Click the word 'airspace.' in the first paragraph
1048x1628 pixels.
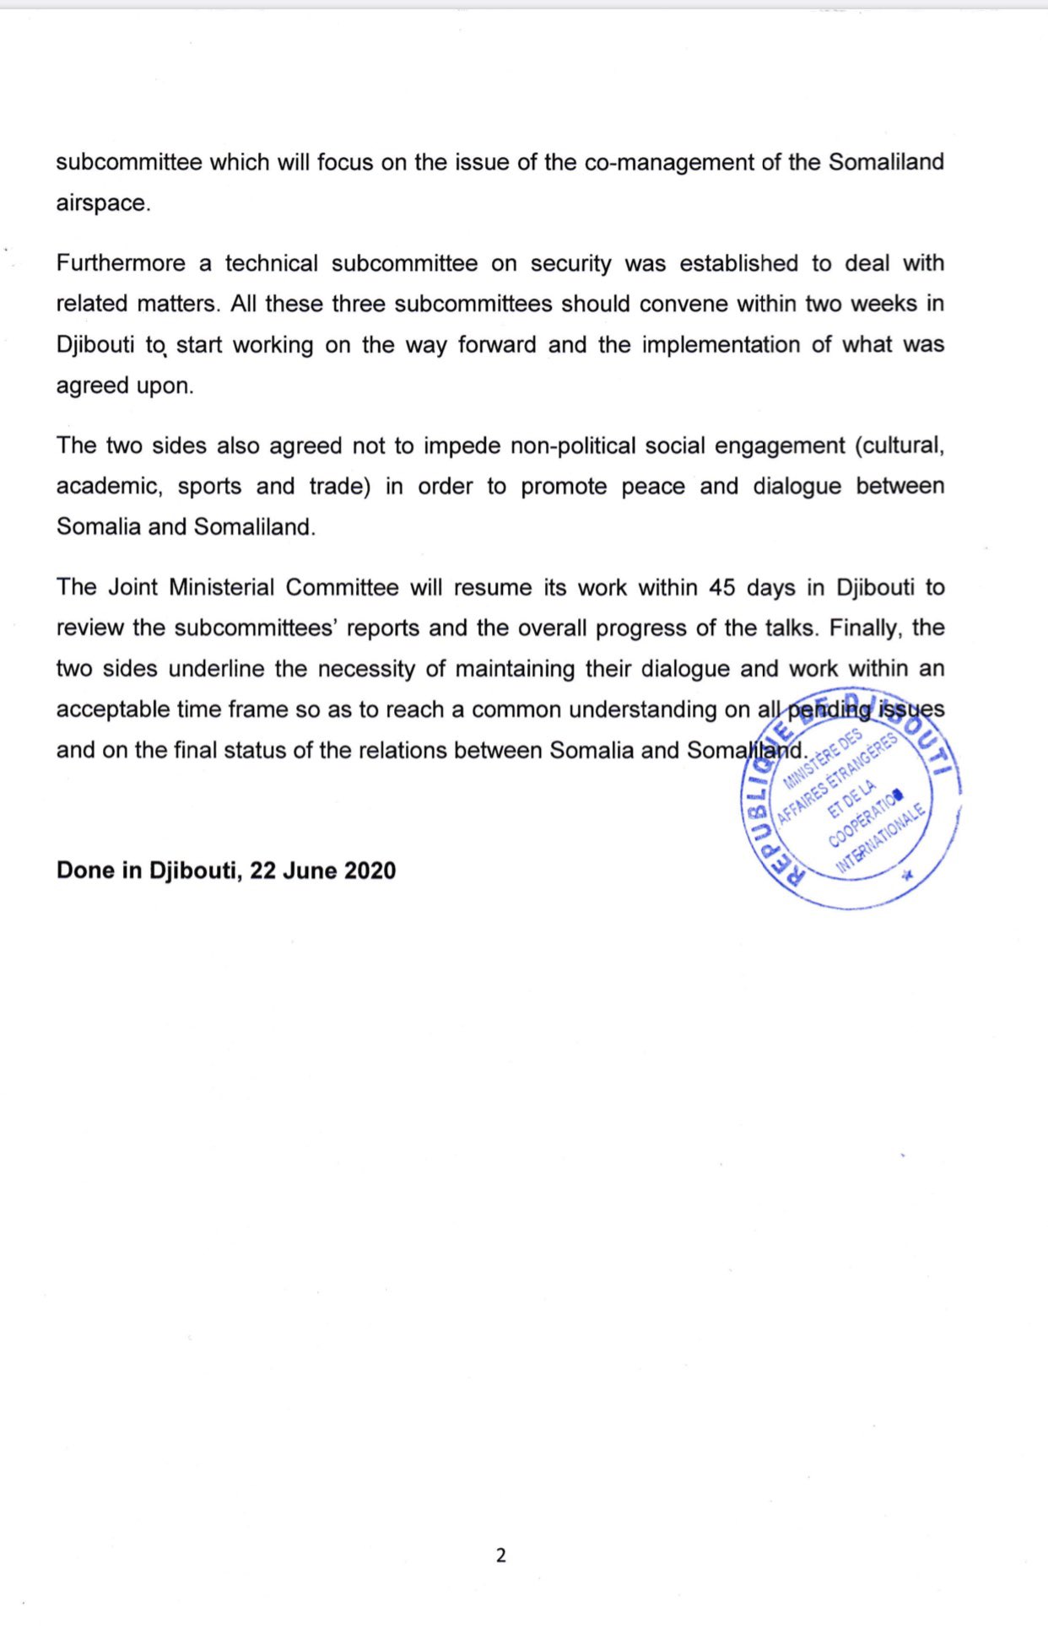tap(103, 204)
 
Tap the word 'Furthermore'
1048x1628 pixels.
tap(121, 263)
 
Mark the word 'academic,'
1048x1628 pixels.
tap(109, 487)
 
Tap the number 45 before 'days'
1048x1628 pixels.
tap(722, 587)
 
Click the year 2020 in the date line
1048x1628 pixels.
tap(370, 871)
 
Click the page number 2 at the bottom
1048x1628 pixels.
tap(501, 1555)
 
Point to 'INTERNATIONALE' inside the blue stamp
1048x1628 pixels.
tap(881, 838)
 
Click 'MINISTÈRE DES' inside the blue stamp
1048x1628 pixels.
tap(823, 757)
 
